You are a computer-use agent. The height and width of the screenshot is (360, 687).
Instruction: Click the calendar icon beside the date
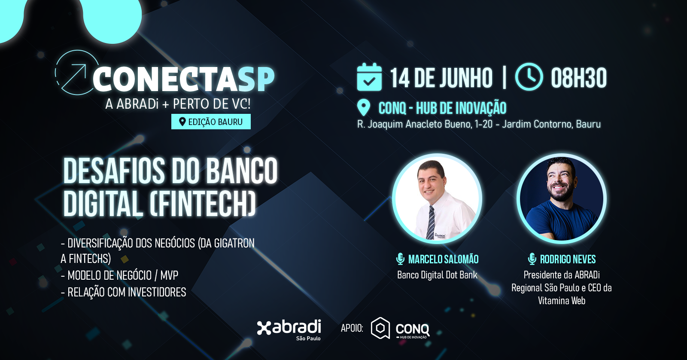[369, 77]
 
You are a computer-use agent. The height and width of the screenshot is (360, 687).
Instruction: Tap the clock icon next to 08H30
[529, 77]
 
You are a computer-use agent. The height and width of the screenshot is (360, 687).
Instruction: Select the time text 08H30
[579, 78]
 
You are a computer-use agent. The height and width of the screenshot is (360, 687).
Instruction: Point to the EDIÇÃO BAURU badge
[211, 122]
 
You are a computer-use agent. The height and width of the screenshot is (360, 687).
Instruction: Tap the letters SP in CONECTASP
[257, 79]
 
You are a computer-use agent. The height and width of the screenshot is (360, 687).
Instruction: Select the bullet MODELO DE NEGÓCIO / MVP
[120, 275]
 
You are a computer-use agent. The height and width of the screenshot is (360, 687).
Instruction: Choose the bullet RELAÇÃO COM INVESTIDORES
[124, 292]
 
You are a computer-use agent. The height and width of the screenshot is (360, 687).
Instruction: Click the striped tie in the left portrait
[431, 222]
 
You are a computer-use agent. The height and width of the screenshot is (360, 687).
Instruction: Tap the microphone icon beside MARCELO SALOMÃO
[400, 259]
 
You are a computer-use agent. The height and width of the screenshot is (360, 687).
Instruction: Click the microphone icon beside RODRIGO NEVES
[532, 259]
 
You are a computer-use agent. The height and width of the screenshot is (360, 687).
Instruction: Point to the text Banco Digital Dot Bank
[438, 275]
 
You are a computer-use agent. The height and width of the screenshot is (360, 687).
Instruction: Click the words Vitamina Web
[562, 300]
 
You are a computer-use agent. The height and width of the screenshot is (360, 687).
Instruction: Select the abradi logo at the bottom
[289, 329]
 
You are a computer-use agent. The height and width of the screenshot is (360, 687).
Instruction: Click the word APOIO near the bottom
[352, 328]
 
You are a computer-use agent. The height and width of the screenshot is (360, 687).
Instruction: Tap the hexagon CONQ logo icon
[380, 328]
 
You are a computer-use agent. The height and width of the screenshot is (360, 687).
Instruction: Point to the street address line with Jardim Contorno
[479, 124]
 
